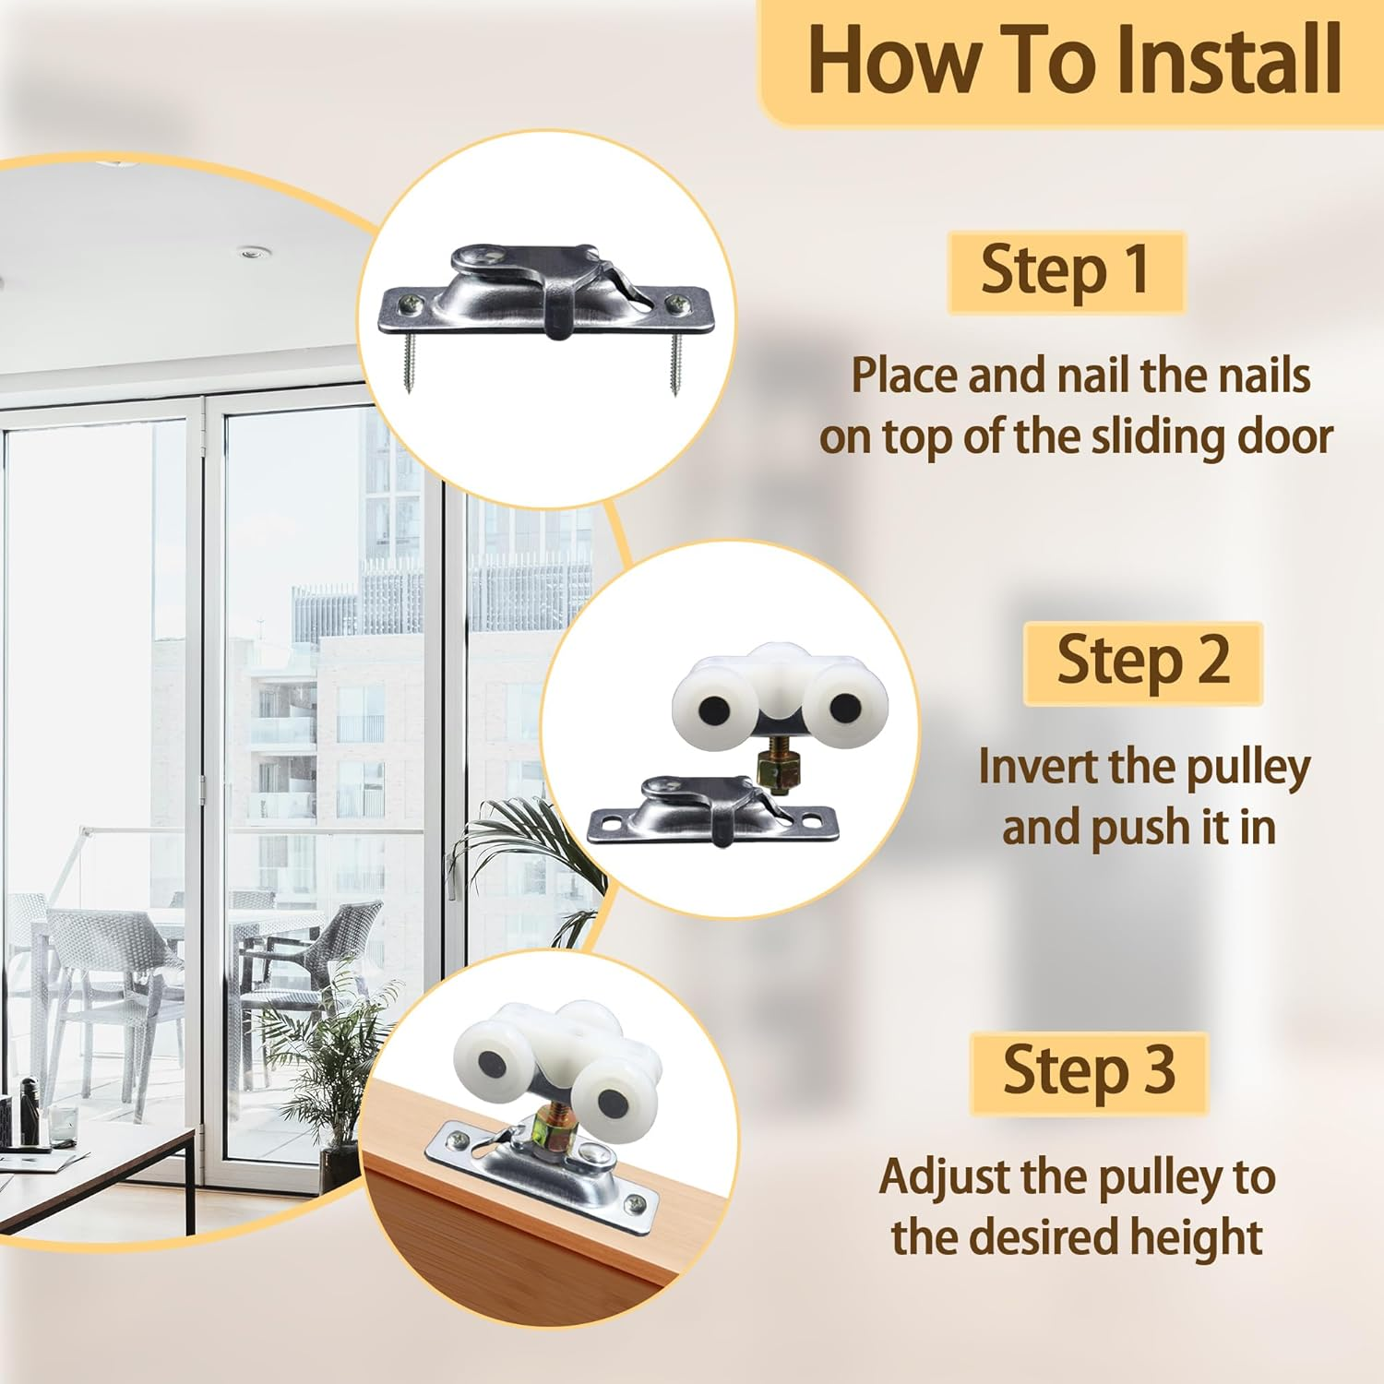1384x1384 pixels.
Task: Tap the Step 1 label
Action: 1066,270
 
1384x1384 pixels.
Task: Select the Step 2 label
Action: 1142,662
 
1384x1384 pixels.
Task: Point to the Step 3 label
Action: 1089,1071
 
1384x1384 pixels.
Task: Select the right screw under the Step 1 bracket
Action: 675,363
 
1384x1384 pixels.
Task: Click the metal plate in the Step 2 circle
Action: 712,812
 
